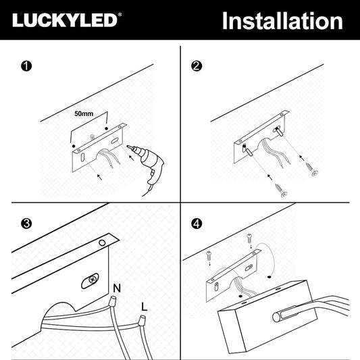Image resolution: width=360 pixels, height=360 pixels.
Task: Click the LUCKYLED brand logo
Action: [x=67, y=20]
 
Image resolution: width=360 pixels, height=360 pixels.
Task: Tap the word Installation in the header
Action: [x=282, y=21]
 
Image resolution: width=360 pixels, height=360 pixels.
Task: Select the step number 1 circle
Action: [x=26, y=66]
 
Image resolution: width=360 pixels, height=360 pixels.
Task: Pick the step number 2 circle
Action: [x=197, y=66]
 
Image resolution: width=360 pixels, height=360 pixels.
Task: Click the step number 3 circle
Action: [x=26, y=224]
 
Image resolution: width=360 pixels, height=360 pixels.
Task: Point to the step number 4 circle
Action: [x=197, y=224]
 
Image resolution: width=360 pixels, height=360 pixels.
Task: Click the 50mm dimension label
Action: [x=84, y=113]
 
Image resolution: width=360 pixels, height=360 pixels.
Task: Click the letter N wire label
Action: [x=117, y=288]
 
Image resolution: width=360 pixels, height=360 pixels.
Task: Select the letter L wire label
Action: [x=144, y=307]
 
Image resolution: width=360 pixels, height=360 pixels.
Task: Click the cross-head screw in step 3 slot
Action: [x=93, y=280]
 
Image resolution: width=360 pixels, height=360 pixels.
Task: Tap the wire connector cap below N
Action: [x=112, y=301]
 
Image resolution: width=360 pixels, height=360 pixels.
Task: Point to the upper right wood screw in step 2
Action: [x=311, y=169]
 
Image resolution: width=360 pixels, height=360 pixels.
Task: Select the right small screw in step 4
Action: [x=249, y=238]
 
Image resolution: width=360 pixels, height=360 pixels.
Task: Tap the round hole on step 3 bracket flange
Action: [x=102, y=242]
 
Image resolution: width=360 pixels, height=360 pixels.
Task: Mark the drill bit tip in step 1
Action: [x=128, y=147]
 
